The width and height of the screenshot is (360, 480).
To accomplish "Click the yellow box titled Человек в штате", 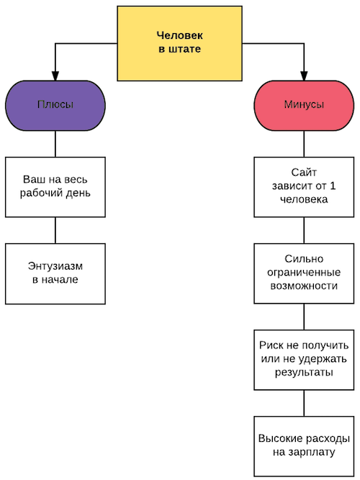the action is pyautogui.click(x=179, y=43).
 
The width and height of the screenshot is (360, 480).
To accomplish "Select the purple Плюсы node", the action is pyautogui.click(x=55, y=106).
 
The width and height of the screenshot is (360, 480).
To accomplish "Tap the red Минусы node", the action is pyautogui.click(x=304, y=106).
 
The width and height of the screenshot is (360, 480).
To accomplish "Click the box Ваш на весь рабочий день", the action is pyautogui.click(x=55, y=187).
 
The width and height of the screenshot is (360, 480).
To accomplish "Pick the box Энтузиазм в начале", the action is pyautogui.click(x=55, y=273).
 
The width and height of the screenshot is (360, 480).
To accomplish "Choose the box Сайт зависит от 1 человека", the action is pyautogui.click(x=304, y=187).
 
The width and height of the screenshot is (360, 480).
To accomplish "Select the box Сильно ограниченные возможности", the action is pyautogui.click(x=304, y=273).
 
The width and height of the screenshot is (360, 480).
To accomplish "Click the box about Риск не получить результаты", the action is pyautogui.click(x=304, y=360).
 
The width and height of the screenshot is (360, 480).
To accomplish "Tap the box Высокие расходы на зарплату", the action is pyautogui.click(x=304, y=446).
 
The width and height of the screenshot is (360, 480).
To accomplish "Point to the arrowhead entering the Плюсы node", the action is pyautogui.click(x=55, y=76).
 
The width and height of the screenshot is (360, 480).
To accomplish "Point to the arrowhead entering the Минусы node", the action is pyautogui.click(x=304, y=76).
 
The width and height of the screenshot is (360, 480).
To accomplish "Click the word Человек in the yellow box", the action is pyautogui.click(x=179, y=35).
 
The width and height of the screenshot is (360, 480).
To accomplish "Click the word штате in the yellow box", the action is pyautogui.click(x=184, y=49).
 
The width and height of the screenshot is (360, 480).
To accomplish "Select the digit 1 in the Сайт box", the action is pyautogui.click(x=333, y=186).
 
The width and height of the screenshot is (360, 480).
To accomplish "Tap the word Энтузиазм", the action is pyautogui.click(x=55, y=266).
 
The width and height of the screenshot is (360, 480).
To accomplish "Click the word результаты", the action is pyautogui.click(x=304, y=373).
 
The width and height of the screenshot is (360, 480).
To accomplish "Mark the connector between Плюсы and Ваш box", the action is pyautogui.click(x=55, y=144).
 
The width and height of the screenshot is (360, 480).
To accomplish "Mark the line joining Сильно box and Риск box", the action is pyautogui.click(x=304, y=317).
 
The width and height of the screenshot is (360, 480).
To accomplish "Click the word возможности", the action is pyautogui.click(x=304, y=286).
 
